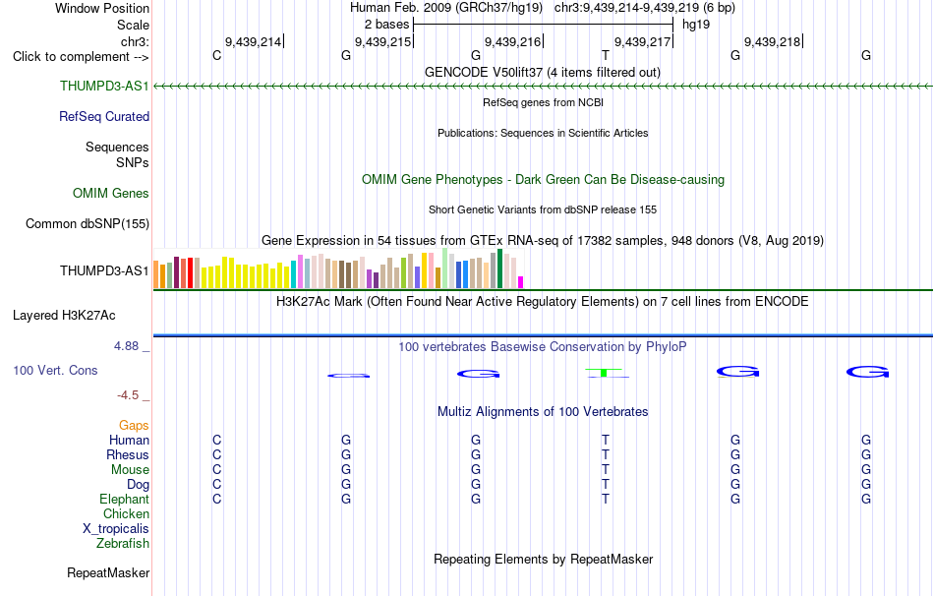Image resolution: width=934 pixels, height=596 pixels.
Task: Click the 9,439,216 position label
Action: pyautogui.click(x=512, y=41)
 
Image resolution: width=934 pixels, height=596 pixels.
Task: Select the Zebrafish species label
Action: pyautogui.click(x=123, y=543)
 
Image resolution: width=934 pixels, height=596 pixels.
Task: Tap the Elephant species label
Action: pyautogui.click(x=125, y=499)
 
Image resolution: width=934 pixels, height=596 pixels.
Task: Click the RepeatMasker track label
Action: pyautogui.click(x=108, y=572)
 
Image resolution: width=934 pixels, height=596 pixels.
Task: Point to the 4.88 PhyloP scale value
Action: pyautogui.click(x=126, y=345)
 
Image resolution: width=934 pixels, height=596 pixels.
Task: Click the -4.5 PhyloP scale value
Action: pyautogui.click(x=128, y=395)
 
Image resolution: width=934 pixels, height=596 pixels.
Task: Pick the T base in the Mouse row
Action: pyautogui.click(x=606, y=470)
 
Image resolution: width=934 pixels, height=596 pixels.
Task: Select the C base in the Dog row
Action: pyautogui.click(x=217, y=484)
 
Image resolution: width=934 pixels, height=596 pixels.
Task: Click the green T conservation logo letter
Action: pyautogui.click(x=606, y=373)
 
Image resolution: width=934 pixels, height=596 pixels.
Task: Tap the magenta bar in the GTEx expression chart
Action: pyautogui.click(x=521, y=282)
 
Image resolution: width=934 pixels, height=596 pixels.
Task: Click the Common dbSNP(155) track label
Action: pyautogui.click(x=88, y=223)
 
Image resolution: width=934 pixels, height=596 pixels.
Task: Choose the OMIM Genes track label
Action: pyautogui.click(x=111, y=193)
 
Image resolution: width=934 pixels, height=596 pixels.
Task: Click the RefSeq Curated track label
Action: pyautogui.click(x=104, y=116)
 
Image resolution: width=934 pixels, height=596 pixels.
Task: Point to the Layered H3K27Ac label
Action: pyautogui.click(x=64, y=316)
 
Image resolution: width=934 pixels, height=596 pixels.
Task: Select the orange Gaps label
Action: pyautogui.click(x=134, y=425)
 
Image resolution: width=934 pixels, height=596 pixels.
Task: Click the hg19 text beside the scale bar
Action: pyautogui.click(x=696, y=25)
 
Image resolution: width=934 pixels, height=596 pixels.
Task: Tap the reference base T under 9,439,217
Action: pyautogui.click(x=606, y=55)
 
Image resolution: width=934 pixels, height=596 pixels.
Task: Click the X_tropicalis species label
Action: pyautogui.click(x=116, y=529)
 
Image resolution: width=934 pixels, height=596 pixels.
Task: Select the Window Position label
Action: pyautogui.click(x=102, y=8)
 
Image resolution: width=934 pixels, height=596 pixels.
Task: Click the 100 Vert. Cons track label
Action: pyautogui.click(x=55, y=370)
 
